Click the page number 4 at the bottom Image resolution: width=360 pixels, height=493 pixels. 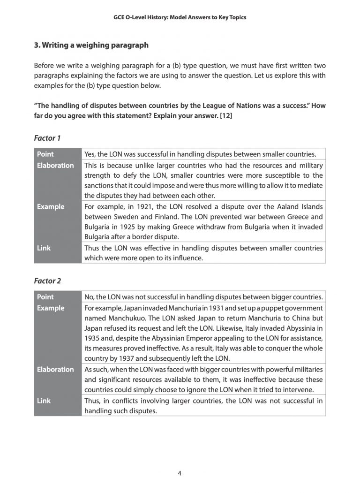click(x=180, y=473)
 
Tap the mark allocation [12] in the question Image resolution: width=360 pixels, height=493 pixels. click(x=225, y=114)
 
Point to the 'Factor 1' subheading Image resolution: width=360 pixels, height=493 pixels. click(x=47, y=138)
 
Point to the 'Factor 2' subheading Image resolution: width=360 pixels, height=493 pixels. click(x=47, y=281)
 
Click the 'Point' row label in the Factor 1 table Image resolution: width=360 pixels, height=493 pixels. click(x=45, y=154)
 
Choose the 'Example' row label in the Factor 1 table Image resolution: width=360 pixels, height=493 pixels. click(x=51, y=207)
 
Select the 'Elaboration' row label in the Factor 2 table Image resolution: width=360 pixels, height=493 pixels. click(x=55, y=369)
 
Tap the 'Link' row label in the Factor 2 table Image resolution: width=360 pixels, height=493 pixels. click(x=44, y=401)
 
